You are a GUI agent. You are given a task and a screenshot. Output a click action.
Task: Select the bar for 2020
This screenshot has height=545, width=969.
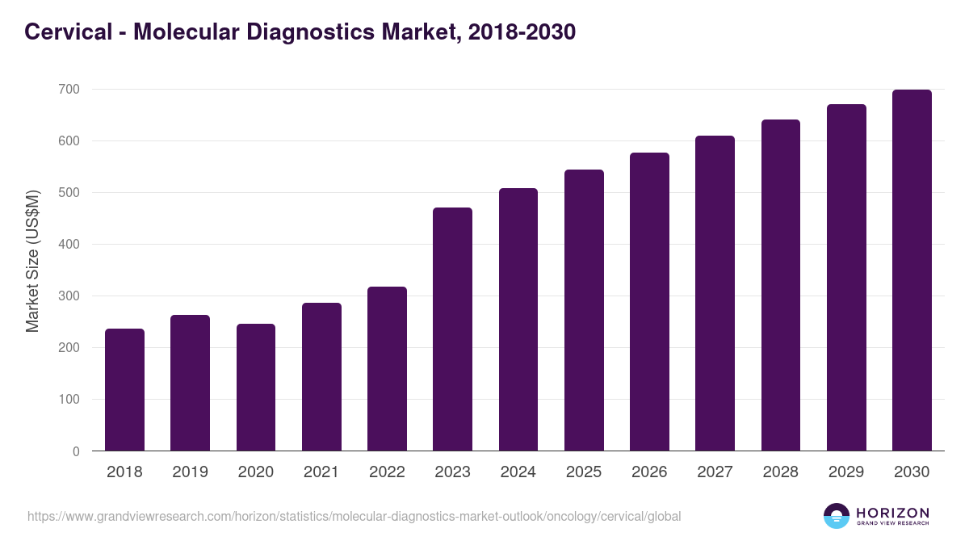pyautogui.click(x=256, y=388)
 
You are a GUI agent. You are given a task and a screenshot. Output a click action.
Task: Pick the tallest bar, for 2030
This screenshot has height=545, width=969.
pyautogui.click(x=912, y=270)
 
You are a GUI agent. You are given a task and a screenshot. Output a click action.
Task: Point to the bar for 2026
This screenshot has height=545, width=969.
pyautogui.click(x=649, y=302)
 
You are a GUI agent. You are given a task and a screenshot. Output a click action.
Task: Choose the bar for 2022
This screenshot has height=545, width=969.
pyautogui.click(x=387, y=369)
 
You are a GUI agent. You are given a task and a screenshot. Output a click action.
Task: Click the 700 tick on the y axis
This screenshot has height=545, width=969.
pyautogui.click(x=69, y=89)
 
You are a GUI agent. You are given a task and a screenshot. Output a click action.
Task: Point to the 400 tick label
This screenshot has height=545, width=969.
pyautogui.click(x=69, y=244)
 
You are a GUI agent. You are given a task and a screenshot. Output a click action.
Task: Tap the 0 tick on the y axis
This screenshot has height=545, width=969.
pyautogui.click(x=76, y=451)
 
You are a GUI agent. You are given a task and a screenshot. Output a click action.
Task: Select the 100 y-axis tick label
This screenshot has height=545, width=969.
pyautogui.click(x=69, y=400)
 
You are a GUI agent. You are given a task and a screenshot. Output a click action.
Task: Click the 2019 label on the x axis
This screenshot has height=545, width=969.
pyautogui.click(x=190, y=472)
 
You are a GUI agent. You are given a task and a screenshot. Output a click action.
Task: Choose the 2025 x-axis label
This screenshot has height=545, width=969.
pyautogui.click(x=584, y=472)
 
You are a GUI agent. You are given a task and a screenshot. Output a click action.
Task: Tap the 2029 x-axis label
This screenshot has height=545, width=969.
pyautogui.click(x=846, y=472)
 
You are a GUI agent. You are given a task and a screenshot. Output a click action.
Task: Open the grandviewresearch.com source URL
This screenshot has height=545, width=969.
pyautogui.click(x=354, y=516)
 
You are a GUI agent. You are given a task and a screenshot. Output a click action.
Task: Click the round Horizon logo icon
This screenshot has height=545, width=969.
pyautogui.click(x=836, y=516)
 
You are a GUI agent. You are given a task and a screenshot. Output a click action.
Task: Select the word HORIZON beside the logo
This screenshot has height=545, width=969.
pyautogui.click(x=892, y=513)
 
